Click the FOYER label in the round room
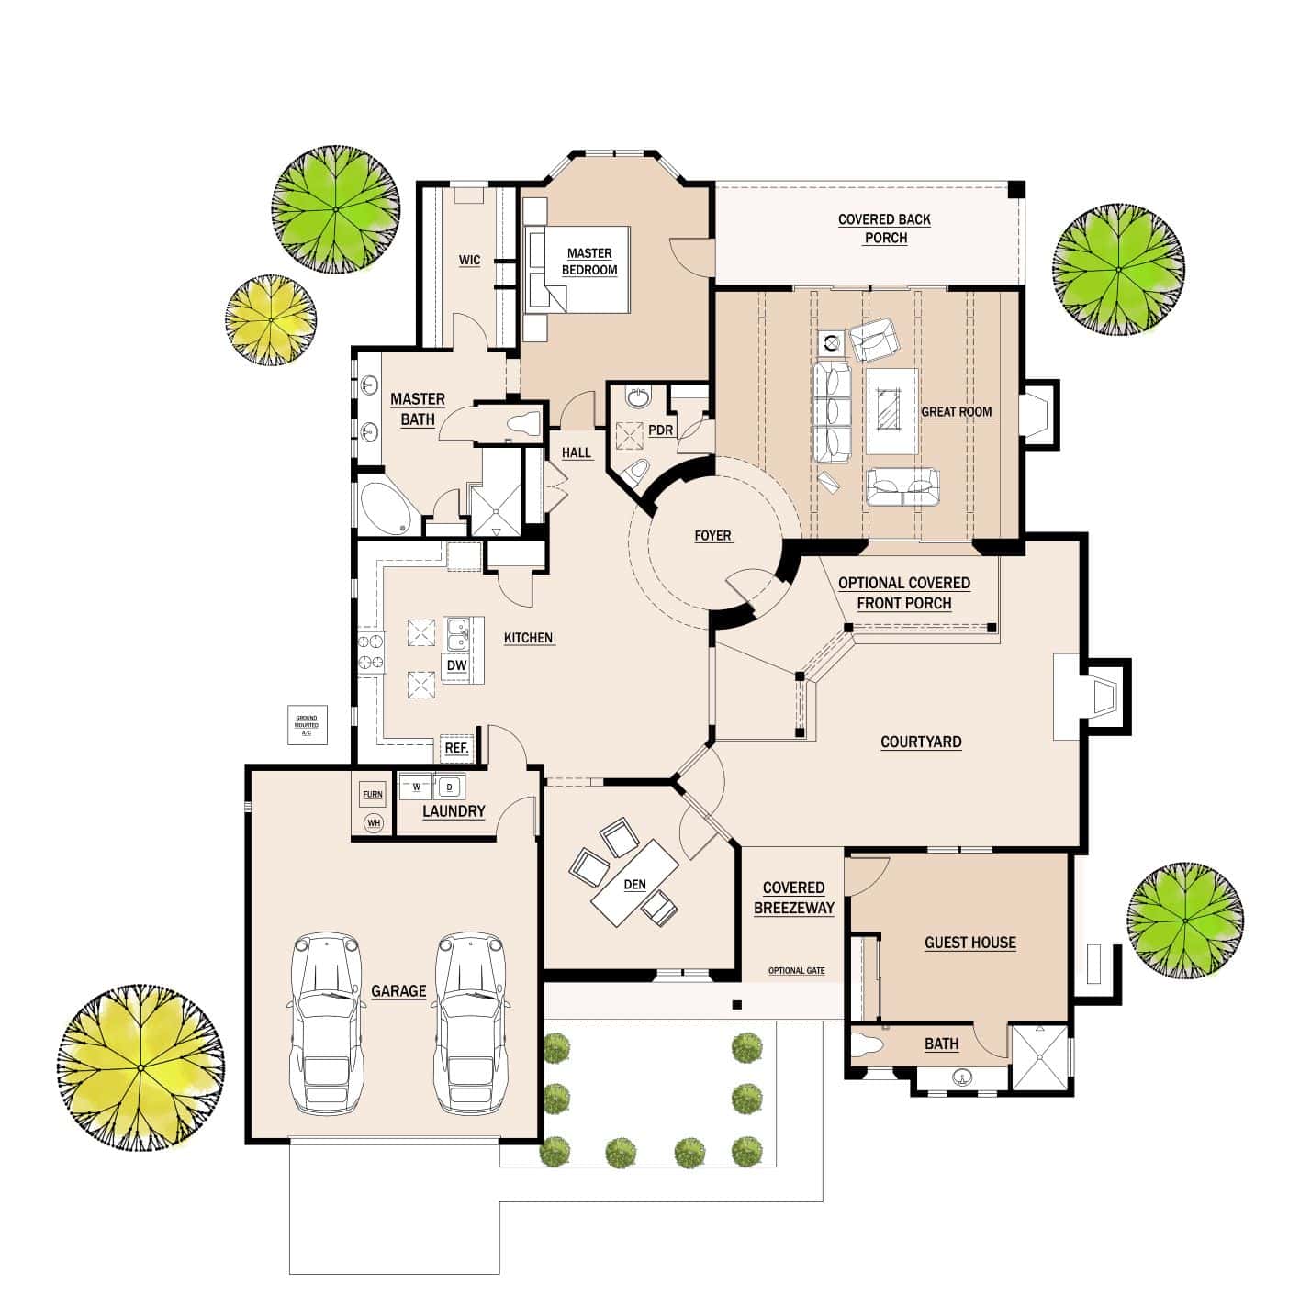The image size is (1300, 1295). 712,536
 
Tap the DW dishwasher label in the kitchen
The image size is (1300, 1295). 456,665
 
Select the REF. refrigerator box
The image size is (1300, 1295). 456,748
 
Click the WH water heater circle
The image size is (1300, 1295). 373,823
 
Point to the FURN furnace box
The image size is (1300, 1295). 373,794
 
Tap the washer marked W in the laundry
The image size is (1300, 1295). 416,787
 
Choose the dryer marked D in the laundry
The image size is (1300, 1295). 449,787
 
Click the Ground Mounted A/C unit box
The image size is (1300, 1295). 307,725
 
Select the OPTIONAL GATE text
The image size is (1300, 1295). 796,971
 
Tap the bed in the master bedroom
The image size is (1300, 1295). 577,269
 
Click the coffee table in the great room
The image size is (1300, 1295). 892,411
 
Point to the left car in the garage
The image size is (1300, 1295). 327,1023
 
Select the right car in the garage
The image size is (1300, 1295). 471,1023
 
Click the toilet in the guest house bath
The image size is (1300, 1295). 867,1045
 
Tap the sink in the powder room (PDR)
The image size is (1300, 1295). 637,397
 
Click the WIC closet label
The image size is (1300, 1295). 469,261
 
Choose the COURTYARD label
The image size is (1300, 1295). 921,742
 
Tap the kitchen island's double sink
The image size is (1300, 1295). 456,634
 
